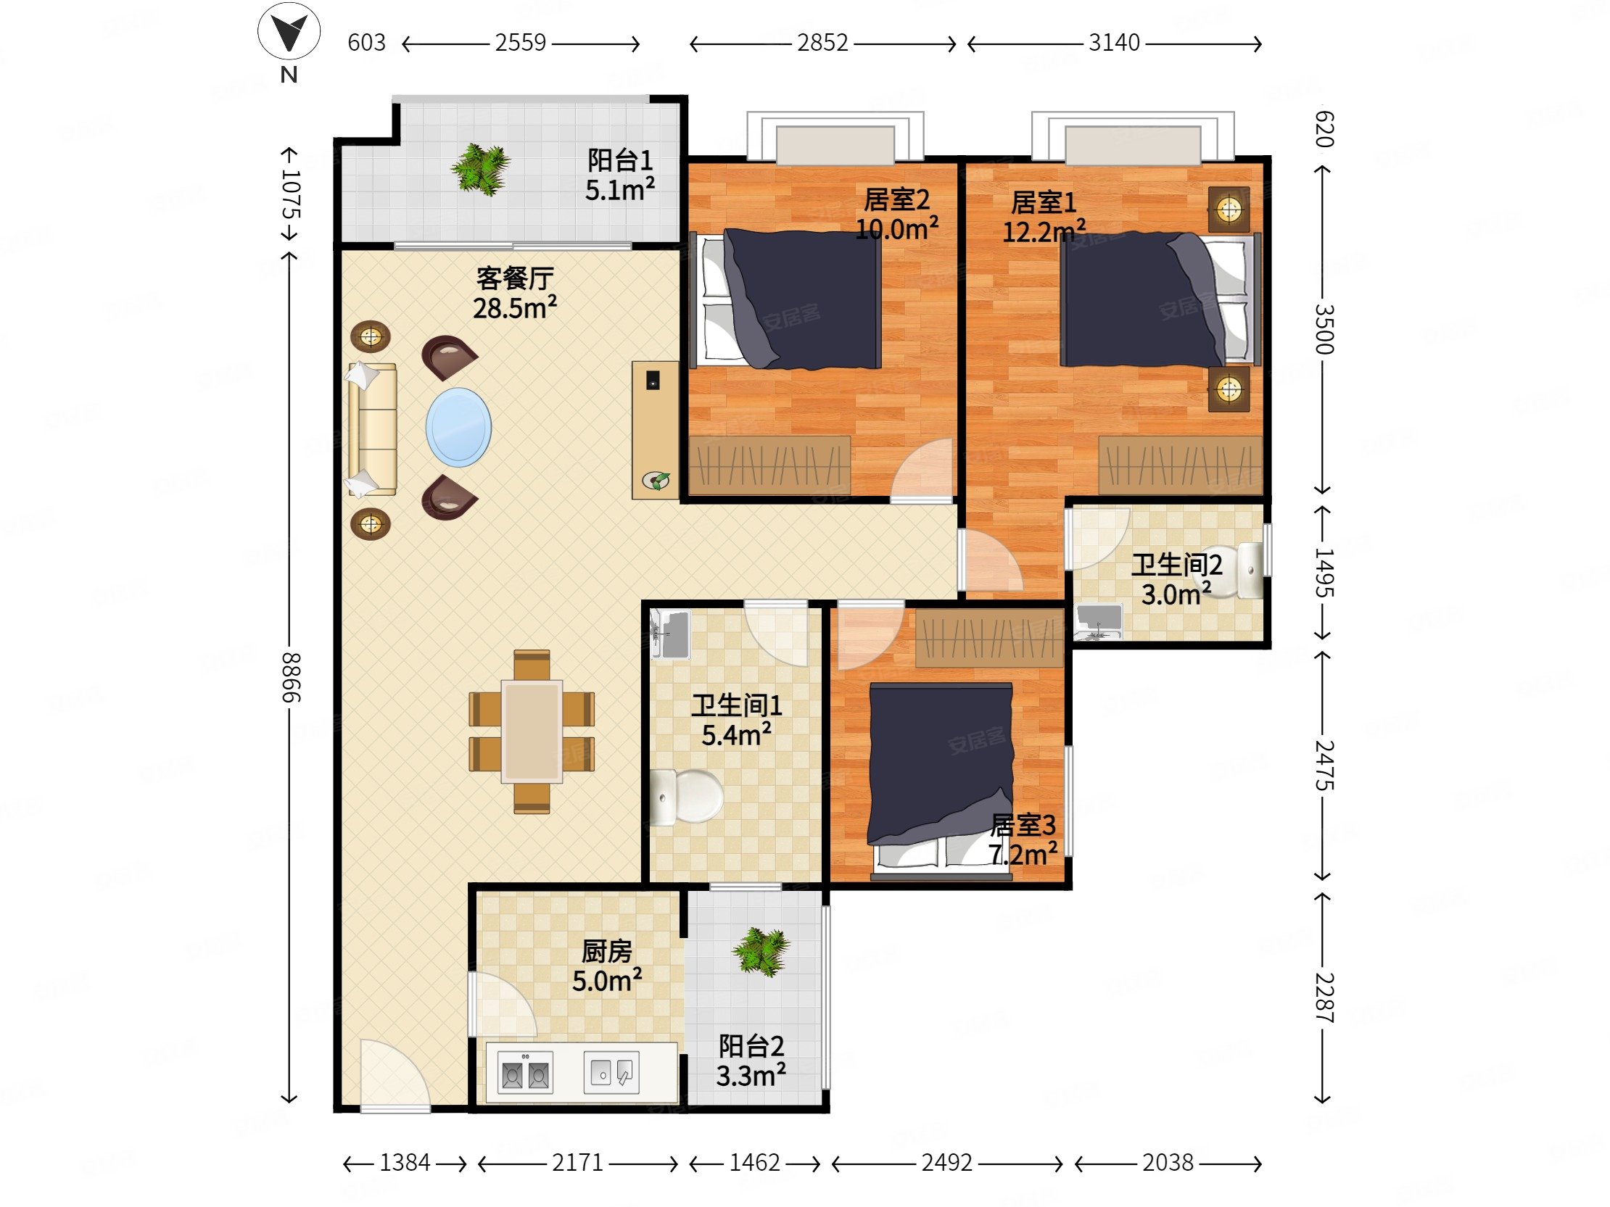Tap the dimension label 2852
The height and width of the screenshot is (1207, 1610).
[x=822, y=43]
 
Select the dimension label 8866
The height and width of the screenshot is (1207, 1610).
[x=290, y=676]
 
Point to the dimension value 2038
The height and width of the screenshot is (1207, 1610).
[x=1168, y=1163]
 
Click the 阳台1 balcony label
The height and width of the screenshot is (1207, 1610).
[x=620, y=160]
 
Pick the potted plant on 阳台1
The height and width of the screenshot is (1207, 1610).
[x=479, y=169]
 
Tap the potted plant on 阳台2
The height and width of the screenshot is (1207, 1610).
[x=761, y=951]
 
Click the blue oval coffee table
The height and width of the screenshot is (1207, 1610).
[x=458, y=427]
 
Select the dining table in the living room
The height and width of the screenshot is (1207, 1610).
[x=532, y=731]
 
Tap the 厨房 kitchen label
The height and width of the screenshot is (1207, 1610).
[x=606, y=951]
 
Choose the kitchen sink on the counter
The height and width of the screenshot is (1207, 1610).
[x=611, y=1072]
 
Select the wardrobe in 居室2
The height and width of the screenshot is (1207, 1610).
[x=770, y=465]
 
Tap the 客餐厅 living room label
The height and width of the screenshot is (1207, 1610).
[x=516, y=278]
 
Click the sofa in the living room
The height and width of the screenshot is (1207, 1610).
[x=372, y=429]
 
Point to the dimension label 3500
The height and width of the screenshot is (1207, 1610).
[x=1324, y=329]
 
